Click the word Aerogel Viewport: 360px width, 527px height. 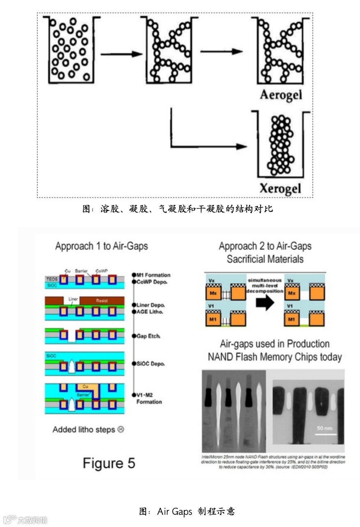281,95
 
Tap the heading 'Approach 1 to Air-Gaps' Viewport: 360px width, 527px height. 102,246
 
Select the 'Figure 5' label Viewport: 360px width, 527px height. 109,463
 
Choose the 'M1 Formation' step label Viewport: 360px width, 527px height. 152,275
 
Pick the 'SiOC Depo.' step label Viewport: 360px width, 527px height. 150,364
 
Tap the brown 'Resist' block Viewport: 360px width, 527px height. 102,300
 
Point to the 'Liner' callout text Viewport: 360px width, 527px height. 73,299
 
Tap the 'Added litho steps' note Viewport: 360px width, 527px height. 88,430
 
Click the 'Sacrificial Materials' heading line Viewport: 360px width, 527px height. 265,259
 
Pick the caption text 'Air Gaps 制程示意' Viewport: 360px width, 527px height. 187,511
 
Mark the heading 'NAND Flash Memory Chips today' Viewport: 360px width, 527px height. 275,357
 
